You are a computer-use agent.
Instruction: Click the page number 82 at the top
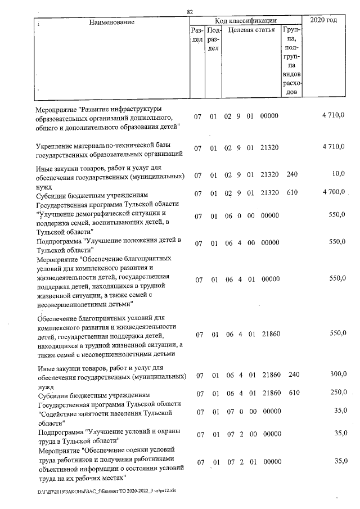coord(190,11)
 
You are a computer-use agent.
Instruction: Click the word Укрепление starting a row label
coord(57,144)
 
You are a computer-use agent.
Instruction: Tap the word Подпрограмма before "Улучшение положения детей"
coord(58,241)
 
